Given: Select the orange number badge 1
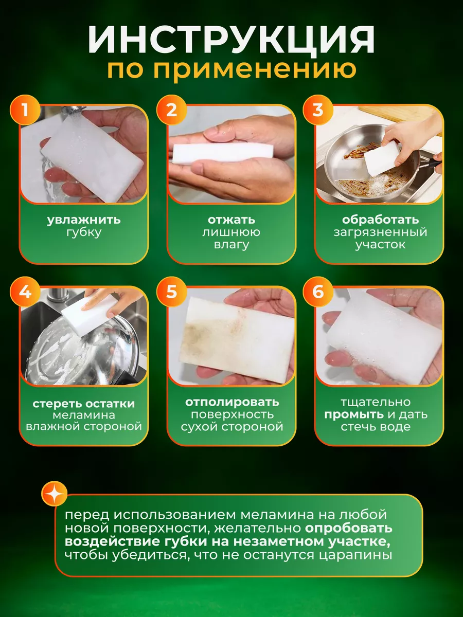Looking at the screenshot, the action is [25, 110].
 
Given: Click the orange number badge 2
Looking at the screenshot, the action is [172, 110].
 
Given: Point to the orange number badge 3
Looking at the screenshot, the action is [318, 110].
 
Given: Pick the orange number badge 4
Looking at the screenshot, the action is [25, 292].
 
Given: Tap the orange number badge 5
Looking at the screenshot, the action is [172, 292].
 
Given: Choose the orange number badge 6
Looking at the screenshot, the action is [318, 292].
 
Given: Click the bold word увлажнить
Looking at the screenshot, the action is [84, 220].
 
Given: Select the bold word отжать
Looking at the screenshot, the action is [232, 220].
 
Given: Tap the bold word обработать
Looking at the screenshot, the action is [380, 220].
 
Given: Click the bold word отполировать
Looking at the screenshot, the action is [232, 402].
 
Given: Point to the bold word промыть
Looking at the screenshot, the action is [354, 414].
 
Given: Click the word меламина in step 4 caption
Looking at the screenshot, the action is [84, 415].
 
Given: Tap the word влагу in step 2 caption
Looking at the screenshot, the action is [232, 245].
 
